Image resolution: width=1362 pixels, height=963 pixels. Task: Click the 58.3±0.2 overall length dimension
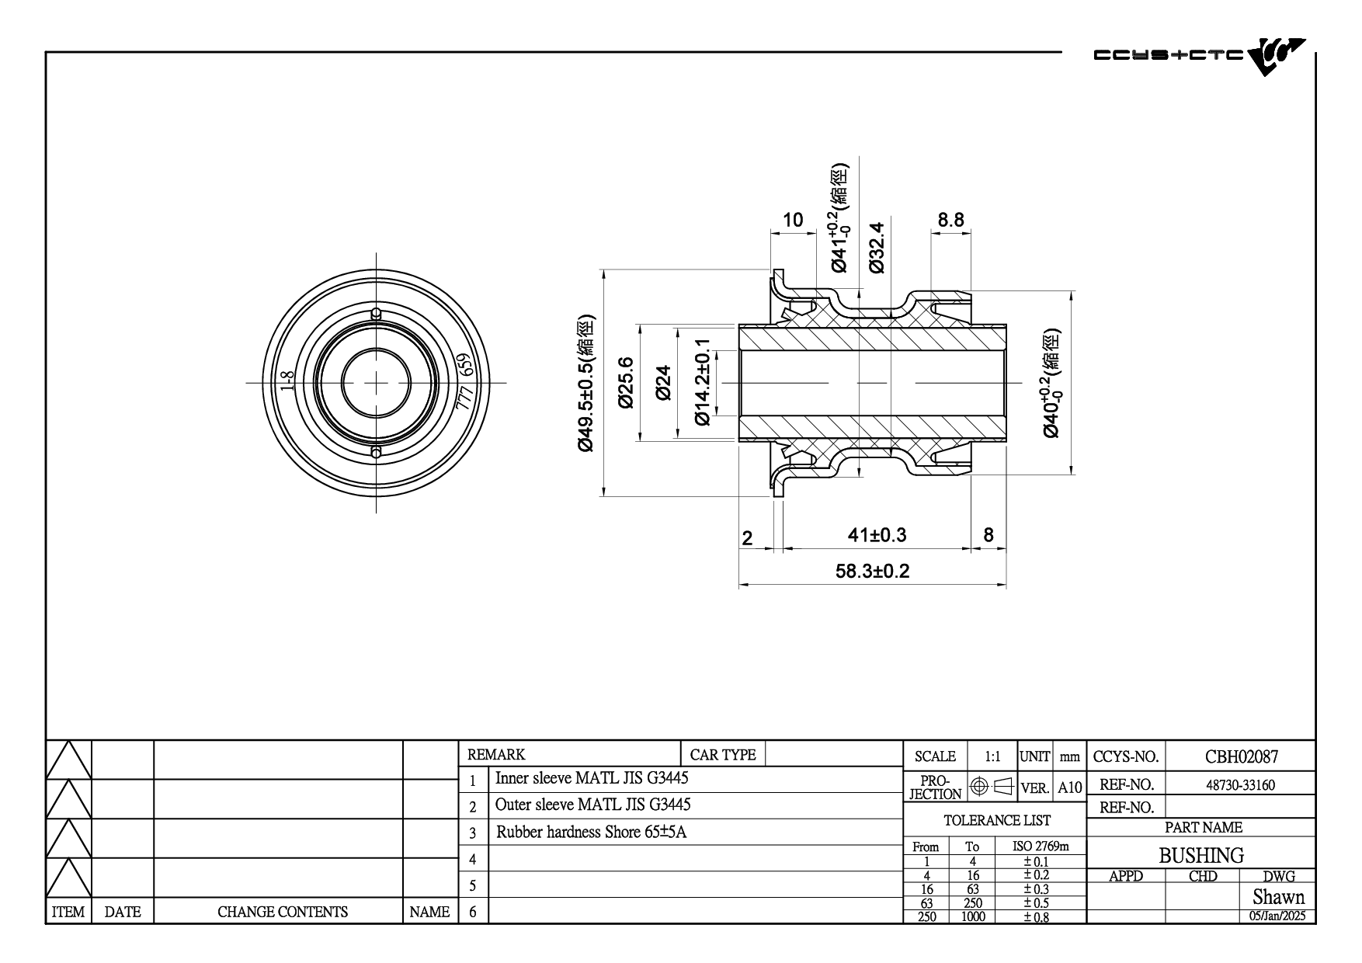(x=872, y=572)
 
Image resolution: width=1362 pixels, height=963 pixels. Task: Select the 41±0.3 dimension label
(x=877, y=535)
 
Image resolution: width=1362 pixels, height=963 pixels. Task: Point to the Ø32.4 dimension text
(x=877, y=247)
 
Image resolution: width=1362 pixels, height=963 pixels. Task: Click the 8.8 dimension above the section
(x=950, y=220)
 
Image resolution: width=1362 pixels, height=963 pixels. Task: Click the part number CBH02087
(x=1241, y=756)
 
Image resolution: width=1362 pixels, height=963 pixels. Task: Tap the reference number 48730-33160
(x=1240, y=784)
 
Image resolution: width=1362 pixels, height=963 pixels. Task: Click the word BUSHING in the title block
(x=1201, y=855)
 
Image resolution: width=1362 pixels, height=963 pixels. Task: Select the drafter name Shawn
(x=1278, y=897)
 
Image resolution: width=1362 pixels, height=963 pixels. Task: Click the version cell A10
(x=1069, y=787)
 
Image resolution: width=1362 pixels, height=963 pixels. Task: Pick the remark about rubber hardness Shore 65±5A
(x=592, y=833)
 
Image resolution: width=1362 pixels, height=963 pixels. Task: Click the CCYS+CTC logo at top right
(x=1199, y=56)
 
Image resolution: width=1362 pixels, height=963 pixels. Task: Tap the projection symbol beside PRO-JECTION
(x=992, y=787)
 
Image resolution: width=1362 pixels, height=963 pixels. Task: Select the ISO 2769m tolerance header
(x=1041, y=846)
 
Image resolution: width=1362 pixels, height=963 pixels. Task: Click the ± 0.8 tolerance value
(x=1036, y=916)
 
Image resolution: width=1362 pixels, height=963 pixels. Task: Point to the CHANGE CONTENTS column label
(x=283, y=912)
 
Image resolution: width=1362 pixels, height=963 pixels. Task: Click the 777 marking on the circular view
(x=464, y=398)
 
